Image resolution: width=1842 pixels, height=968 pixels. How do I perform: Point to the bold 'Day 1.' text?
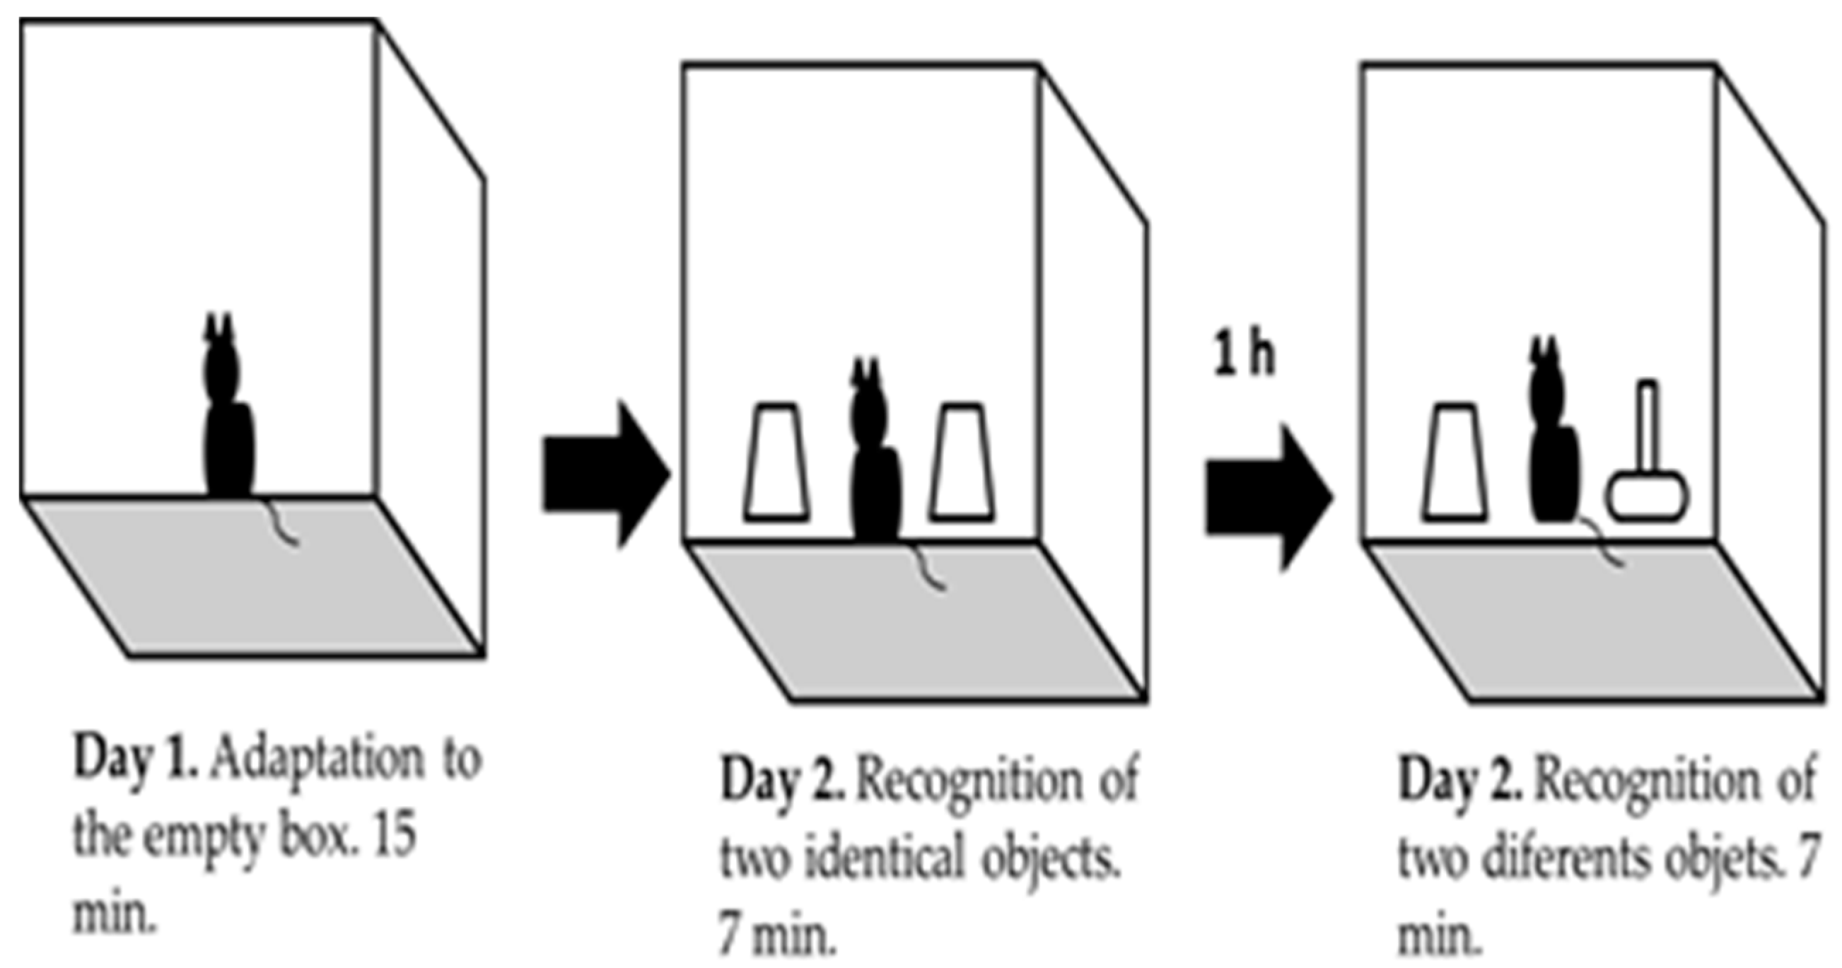[x=136, y=759]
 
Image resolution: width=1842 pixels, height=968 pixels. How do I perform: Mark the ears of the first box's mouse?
[x=219, y=327]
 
